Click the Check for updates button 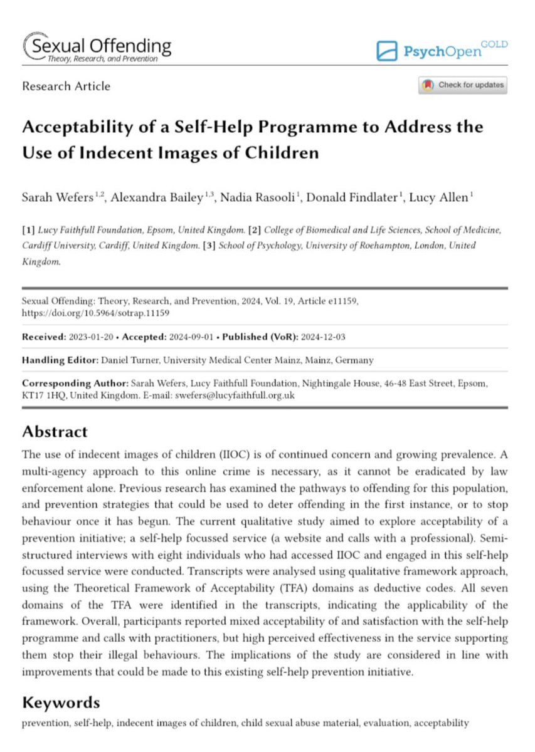[462, 85]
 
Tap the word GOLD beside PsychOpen [495, 44]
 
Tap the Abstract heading [55, 432]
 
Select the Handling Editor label [58, 360]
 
